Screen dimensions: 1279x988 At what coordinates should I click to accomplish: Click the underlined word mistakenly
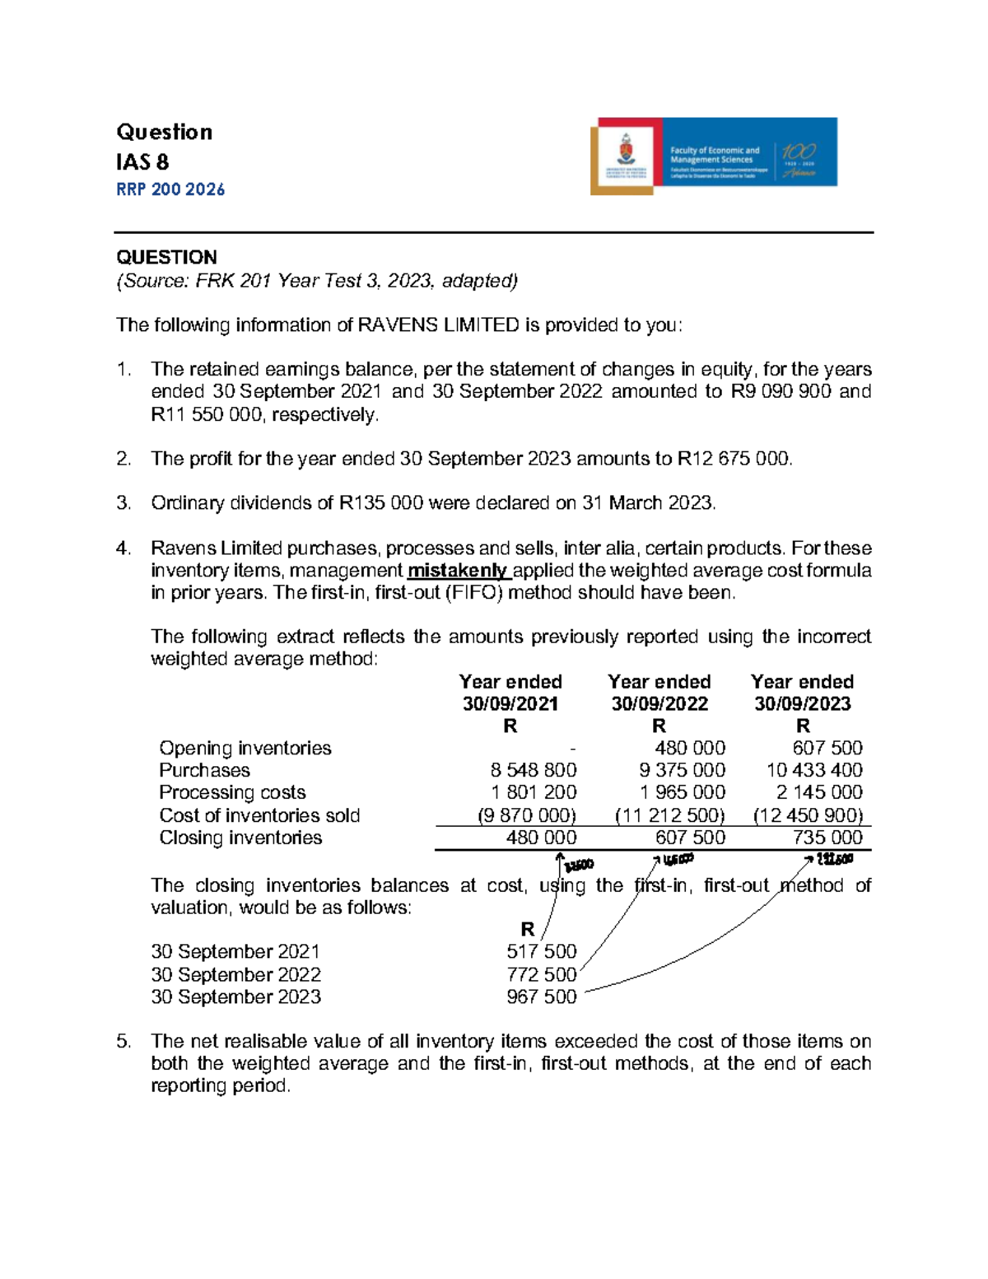coord(458,571)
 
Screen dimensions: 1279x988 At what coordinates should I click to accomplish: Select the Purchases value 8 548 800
coord(534,770)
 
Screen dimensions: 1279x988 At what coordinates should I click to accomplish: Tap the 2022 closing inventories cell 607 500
coord(690,838)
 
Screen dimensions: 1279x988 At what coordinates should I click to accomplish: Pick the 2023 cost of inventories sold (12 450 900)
coord(808,815)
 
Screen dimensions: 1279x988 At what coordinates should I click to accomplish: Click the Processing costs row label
coord(232,792)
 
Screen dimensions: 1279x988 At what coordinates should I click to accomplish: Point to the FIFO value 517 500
coord(541,952)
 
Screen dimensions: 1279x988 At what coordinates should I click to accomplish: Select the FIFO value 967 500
coord(541,997)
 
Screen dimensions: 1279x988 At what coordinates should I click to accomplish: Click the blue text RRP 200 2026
coord(170,189)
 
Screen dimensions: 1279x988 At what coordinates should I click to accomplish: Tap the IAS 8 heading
coord(142,161)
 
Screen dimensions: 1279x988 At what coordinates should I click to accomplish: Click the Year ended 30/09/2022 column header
coord(659,693)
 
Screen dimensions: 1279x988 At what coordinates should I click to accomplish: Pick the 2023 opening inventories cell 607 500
coord(827,748)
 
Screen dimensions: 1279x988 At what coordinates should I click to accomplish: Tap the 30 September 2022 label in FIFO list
coord(235,974)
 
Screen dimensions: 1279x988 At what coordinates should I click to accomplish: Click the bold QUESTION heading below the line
coord(166,257)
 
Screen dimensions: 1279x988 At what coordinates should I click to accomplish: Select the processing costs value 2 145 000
coord(819,792)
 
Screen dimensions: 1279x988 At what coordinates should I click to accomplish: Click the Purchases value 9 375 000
coord(683,770)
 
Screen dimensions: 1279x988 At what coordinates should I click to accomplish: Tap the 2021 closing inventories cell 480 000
coord(541,838)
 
